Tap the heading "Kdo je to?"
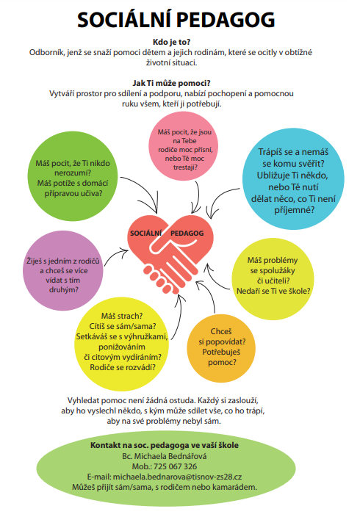[172, 42]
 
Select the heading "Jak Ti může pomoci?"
[172, 83]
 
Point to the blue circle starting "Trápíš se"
[293, 178]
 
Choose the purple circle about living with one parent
[63, 271]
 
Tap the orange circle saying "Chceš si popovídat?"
[221, 348]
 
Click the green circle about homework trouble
[73, 176]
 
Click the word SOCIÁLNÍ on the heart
[146, 234]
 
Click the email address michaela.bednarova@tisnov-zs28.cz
[177, 477]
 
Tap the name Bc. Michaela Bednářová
[165, 456]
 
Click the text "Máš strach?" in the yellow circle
[122, 316]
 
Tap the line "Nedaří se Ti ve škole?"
[273, 291]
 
